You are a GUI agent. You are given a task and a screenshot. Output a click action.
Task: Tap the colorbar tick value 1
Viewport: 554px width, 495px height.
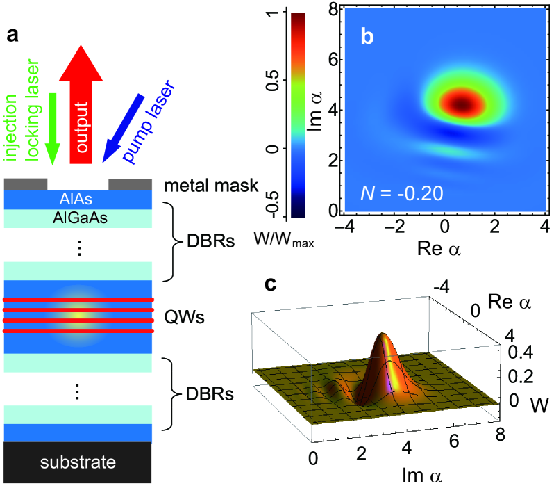click(274, 13)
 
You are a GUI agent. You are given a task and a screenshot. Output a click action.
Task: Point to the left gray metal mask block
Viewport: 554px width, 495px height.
click(26, 184)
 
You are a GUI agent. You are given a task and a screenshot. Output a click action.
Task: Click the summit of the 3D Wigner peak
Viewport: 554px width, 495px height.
click(383, 336)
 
